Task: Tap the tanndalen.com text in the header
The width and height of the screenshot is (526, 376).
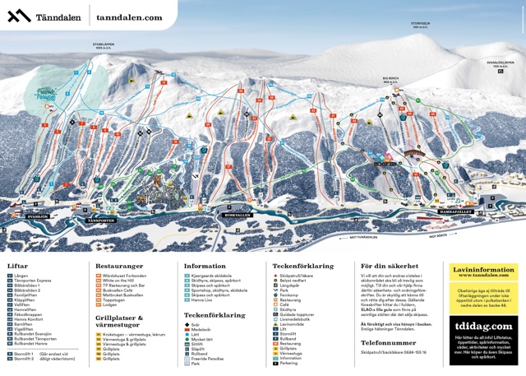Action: pyautogui.click(x=128, y=16)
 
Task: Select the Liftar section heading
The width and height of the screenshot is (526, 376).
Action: pyautogui.click(x=18, y=266)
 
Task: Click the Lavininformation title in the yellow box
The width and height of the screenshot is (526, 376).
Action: pyautogui.click(x=487, y=267)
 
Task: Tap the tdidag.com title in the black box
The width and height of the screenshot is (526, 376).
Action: pyautogui.click(x=486, y=327)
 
